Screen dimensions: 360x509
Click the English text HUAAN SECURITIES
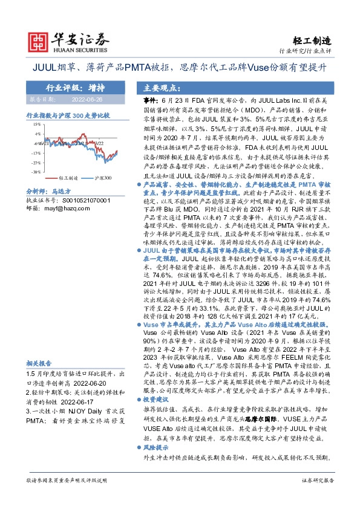pyautogui.click(x=77, y=50)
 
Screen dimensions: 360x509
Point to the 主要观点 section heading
pyautogui.click(x=157, y=86)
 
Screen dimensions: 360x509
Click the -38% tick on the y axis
pyautogui.click(x=36, y=172)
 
